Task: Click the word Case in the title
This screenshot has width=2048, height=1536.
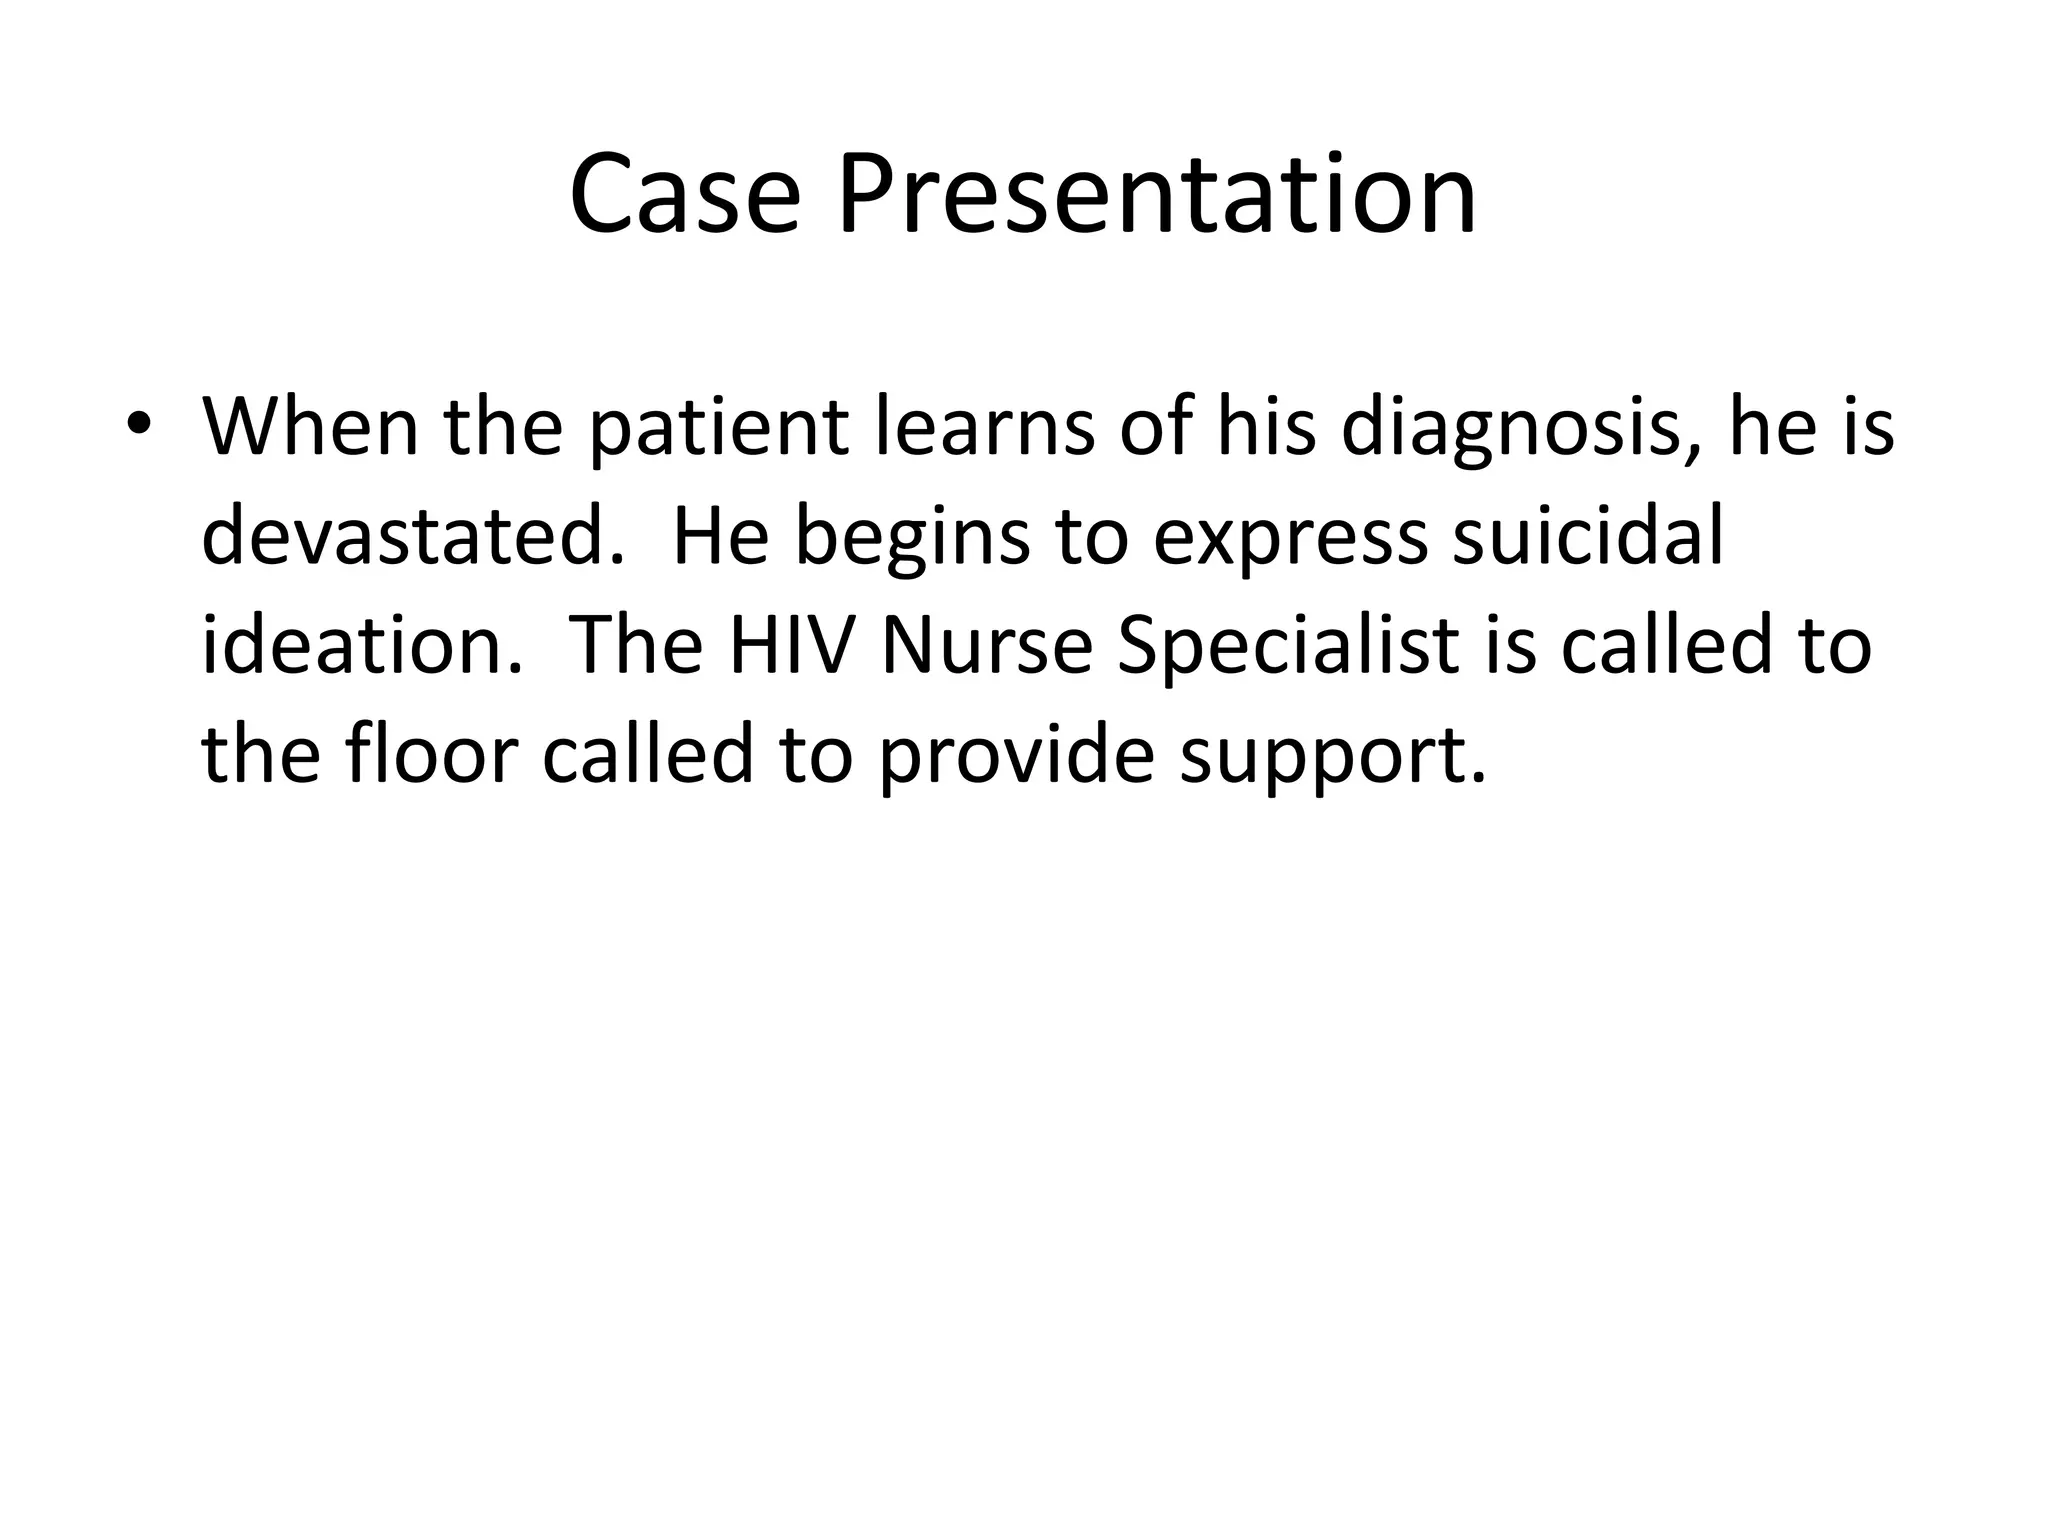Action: point(685,195)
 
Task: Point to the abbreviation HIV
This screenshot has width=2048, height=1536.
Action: point(791,645)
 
